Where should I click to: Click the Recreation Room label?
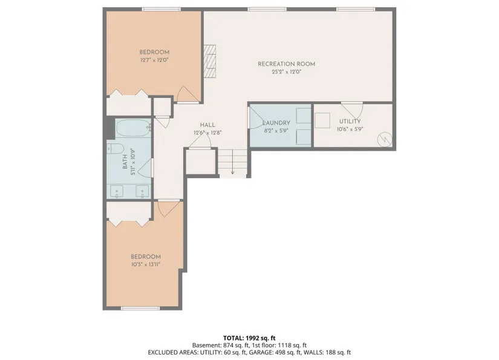coord(287,64)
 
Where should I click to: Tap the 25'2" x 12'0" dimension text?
coord(287,72)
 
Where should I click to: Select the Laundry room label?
coord(276,123)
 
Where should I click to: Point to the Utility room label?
coord(350,121)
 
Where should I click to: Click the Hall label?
coord(207,125)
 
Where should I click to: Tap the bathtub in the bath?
coord(133,128)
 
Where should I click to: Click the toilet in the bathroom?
coord(115,148)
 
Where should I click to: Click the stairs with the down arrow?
coord(233,162)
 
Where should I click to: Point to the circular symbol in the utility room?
coord(385,139)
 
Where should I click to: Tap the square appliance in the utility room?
coord(322,120)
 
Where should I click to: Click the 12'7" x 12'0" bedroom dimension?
coord(154,60)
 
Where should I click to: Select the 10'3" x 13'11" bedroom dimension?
coord(146,264)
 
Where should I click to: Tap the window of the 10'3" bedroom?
coord(140,308)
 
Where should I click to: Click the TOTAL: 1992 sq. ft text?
coord(249,338)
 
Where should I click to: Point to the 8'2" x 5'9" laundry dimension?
coord(276,131)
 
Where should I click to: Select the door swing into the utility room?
coord(352,110)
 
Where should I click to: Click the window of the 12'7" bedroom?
coord(161,9)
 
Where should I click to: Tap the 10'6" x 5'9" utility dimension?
coord(350,129)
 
